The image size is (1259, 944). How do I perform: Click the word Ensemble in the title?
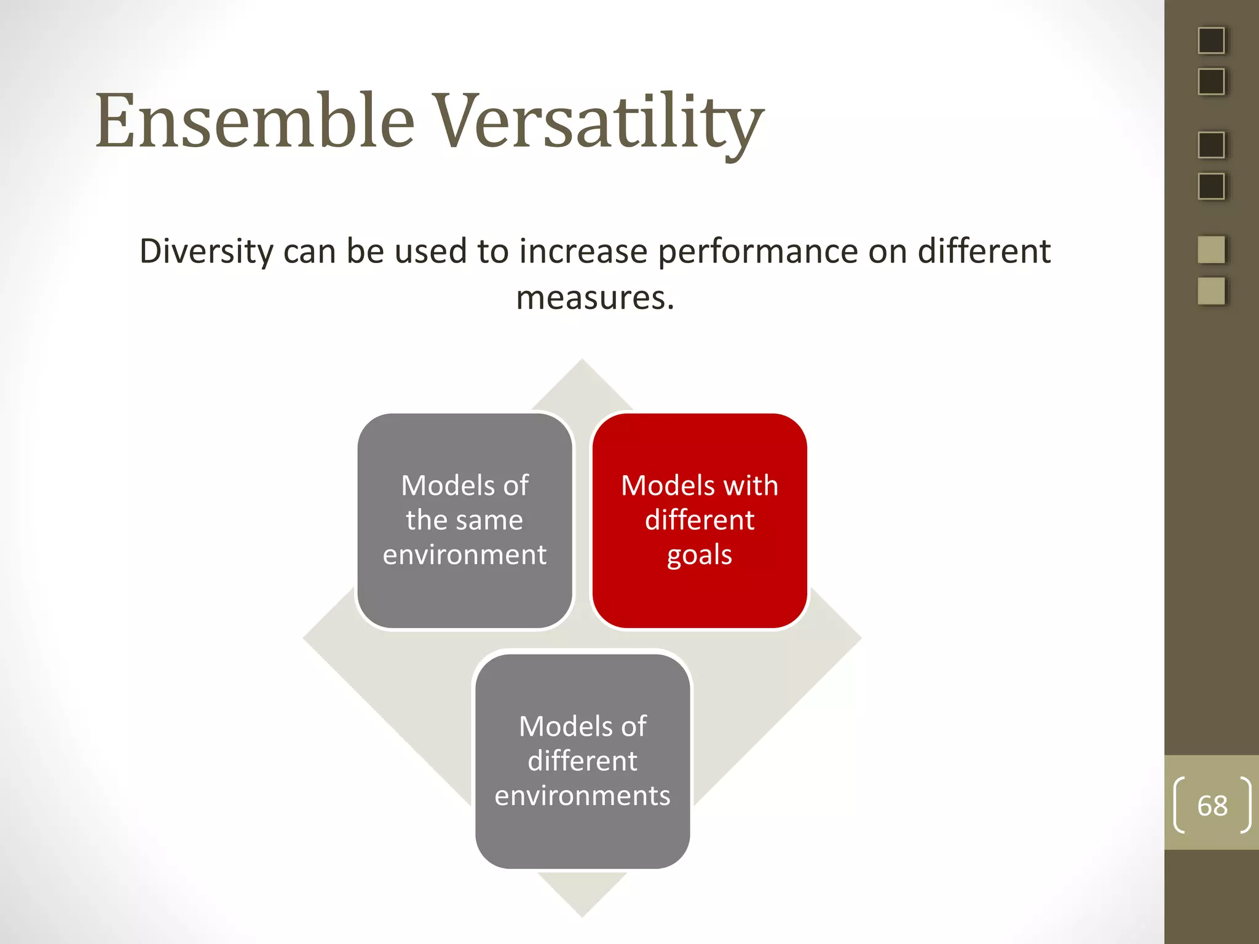255,121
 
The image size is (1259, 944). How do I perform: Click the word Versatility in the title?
599,121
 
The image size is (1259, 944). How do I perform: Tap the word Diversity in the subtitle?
207,252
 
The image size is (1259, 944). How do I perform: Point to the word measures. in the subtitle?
594,298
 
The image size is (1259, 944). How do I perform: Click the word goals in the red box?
700,555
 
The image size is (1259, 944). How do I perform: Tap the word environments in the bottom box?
582,796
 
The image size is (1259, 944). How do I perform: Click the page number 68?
1212,806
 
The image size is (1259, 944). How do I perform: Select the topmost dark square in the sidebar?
1211,41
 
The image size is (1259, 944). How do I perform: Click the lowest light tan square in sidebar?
1211,291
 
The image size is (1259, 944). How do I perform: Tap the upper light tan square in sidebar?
1211,250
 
